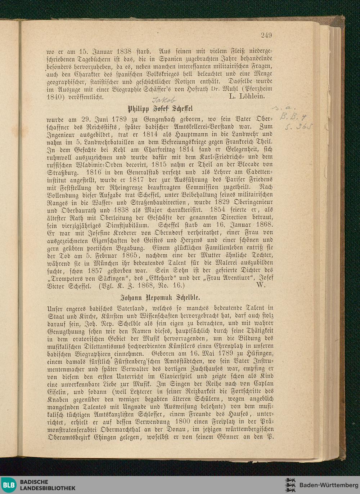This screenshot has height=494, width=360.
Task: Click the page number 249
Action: click(266, 35)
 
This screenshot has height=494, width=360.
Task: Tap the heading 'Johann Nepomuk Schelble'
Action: click(160, 298)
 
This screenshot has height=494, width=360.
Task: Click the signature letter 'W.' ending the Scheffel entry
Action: click(261, 285)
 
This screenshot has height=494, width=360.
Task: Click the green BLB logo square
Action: click(9, 485)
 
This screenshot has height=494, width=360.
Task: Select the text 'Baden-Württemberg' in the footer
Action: click(329, 485)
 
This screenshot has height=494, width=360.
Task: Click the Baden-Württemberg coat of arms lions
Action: click(290, 485)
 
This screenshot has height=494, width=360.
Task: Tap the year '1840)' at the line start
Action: click(55, 97)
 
